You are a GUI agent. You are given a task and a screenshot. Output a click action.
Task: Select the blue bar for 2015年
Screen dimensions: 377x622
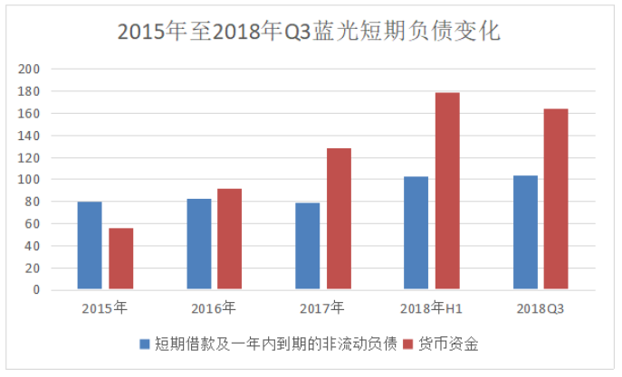pyautogui.click(x=90, y=246)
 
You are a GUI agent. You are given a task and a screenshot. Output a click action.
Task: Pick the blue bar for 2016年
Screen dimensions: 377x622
pyautogui.click(x=199, y=244)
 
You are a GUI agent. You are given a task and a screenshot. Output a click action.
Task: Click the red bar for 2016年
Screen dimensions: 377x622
pyautogui.click(x=230, y=240)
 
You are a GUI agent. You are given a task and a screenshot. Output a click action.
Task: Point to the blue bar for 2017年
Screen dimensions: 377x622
pyautogui.click(x=308, y=246)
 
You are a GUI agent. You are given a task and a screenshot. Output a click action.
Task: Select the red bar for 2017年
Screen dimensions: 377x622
pyautogui.click(x=339, y=219)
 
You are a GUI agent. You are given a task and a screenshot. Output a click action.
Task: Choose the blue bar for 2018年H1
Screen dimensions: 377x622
pyautogui.click(x=416, y=233)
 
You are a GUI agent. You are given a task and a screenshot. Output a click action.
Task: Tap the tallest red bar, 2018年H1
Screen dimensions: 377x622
pyautogui.click(x=447, y=191)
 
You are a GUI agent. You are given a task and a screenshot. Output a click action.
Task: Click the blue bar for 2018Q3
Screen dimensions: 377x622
pyautogui.click(x=525, y=232)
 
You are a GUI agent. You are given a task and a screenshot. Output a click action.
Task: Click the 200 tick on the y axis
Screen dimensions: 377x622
pyautogui.click(x=31, y=70)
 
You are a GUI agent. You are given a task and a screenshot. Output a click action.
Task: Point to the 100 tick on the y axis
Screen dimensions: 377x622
pyautogui.click(x=31, y=180)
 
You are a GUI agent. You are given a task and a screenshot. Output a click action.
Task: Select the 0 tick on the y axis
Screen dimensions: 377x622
pyautogui.click(x=37, y=290)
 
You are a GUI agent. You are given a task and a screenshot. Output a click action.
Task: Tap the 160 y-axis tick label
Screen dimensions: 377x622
pyautogui.click(x=31, y=114)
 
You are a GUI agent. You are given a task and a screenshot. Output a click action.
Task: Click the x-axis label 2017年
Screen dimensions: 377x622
pyautogui.click(x=323, y=309)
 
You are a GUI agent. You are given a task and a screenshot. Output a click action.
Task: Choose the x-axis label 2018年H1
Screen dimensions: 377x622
pyautogui.click(x=432, y=309)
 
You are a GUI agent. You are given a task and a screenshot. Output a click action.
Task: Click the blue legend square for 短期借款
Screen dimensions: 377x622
pyautogui.click(x=144, y=344)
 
